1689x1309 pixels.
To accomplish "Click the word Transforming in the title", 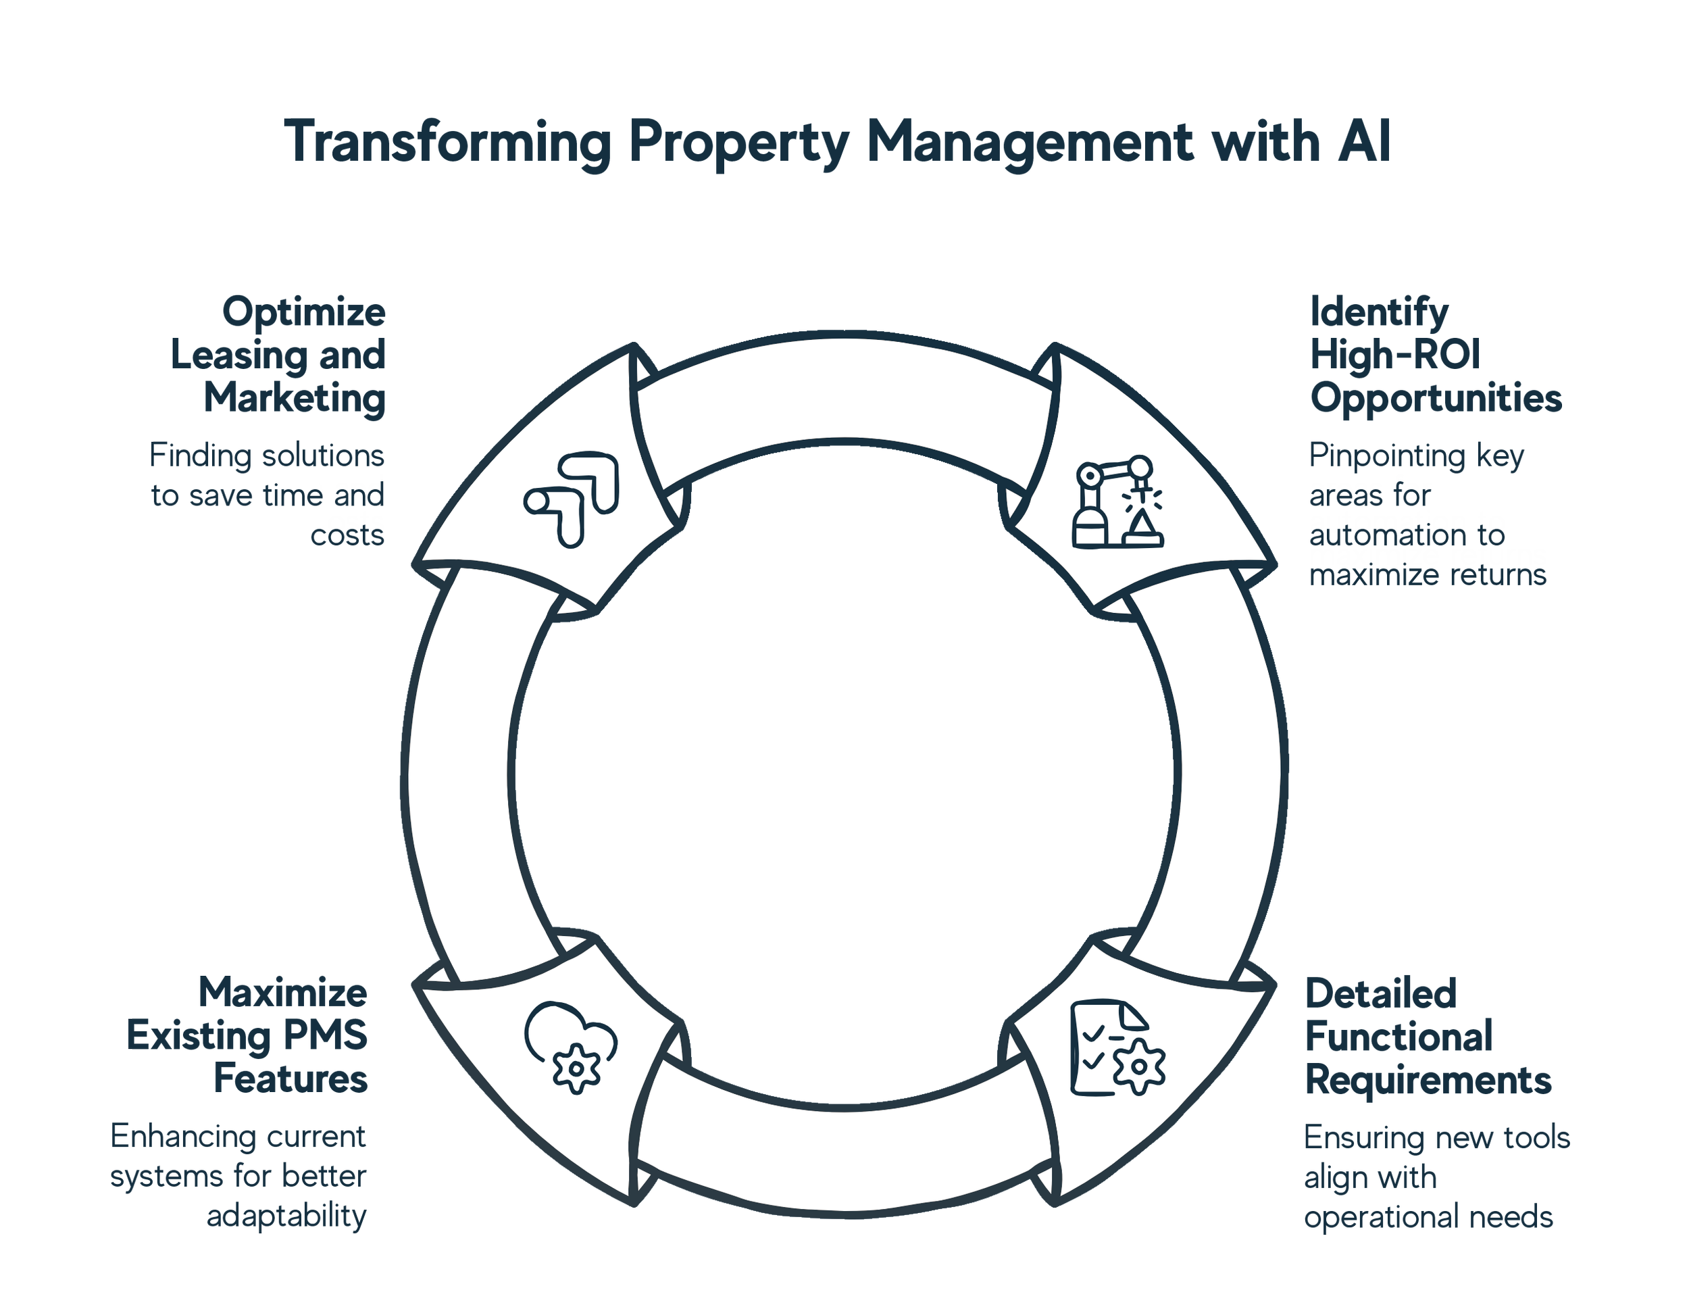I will click(447, 143).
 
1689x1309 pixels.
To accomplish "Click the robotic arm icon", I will click(1117, 503).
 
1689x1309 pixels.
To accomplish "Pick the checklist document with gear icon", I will click(1117, 1048).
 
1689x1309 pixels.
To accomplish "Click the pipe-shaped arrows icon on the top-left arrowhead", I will click(572, 499).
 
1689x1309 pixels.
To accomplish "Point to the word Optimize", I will click(303, 314).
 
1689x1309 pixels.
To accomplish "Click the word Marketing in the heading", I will click(294, 399).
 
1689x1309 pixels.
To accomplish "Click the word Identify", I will click(1379, 314).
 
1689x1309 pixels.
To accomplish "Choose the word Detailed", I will click(1380, 994).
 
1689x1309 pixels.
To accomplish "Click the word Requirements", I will click(1428, 1081).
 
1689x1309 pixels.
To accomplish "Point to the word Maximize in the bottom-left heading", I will click(282, 993).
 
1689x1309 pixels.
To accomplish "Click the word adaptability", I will click(286, 1216).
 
